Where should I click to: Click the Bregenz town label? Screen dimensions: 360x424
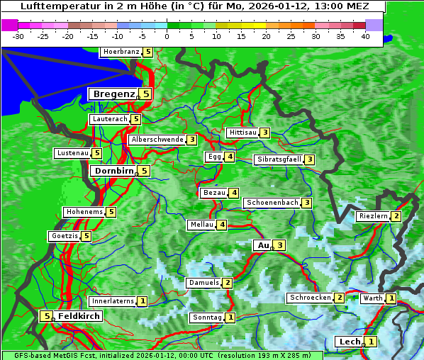pos(113,94)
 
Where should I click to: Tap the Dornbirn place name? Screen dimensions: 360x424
pos(113,171)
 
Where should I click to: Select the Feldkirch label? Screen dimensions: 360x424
pos(79,316)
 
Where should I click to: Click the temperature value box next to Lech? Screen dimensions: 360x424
pos(370,342)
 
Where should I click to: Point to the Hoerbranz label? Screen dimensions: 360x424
pos(121,52)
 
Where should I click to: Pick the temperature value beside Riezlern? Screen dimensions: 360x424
pos(396,216)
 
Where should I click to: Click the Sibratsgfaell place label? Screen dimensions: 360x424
pos(279,159)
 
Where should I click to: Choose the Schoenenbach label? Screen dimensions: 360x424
pos(272,203)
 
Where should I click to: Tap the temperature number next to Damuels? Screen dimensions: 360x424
pos(227,283)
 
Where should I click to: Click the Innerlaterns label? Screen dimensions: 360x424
pos(113,301)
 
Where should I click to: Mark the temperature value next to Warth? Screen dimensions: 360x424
pos(391,298)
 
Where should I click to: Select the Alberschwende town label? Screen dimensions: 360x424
pos(157,140)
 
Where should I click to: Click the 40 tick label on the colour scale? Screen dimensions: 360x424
pos(365,36)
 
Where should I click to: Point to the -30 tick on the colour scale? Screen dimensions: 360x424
pos(18,36)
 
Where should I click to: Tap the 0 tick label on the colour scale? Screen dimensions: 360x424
pos(167,36)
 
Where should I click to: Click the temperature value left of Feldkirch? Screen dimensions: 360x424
pos(46,316)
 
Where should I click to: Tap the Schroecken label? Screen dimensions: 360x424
pos(310,298)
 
